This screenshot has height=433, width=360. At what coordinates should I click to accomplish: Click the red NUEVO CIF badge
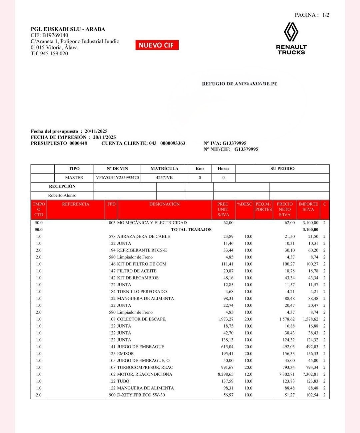pos(157,45)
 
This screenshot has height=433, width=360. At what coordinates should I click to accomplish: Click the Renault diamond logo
pos(291,32)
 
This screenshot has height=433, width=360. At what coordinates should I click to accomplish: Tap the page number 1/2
pos(326,15)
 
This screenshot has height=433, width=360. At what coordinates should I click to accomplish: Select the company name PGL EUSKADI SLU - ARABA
pos(68,29)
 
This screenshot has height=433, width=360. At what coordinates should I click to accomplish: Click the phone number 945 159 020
pos(54,53)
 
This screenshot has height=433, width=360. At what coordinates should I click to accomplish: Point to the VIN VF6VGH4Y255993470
pos(117,178)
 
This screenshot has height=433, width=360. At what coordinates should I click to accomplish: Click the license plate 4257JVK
pos(164,178)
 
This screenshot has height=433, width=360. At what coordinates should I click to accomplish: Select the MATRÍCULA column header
pos(164,169)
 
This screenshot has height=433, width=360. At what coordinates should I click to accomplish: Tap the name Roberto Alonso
pos(62,195)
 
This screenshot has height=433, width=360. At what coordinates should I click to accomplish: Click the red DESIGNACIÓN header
pos(164,204)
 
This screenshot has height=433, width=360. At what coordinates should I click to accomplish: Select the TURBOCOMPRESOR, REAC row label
pos(145,367)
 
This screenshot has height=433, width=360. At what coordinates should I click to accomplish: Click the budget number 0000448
pos(78,143)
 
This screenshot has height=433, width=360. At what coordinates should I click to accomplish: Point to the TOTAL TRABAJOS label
pos(191,229)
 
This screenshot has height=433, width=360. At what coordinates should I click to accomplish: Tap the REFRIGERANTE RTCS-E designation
pos(142,250)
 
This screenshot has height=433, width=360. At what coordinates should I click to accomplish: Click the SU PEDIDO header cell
pos(282,169)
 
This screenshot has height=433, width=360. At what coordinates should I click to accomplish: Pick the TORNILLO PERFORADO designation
pos(142,291)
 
